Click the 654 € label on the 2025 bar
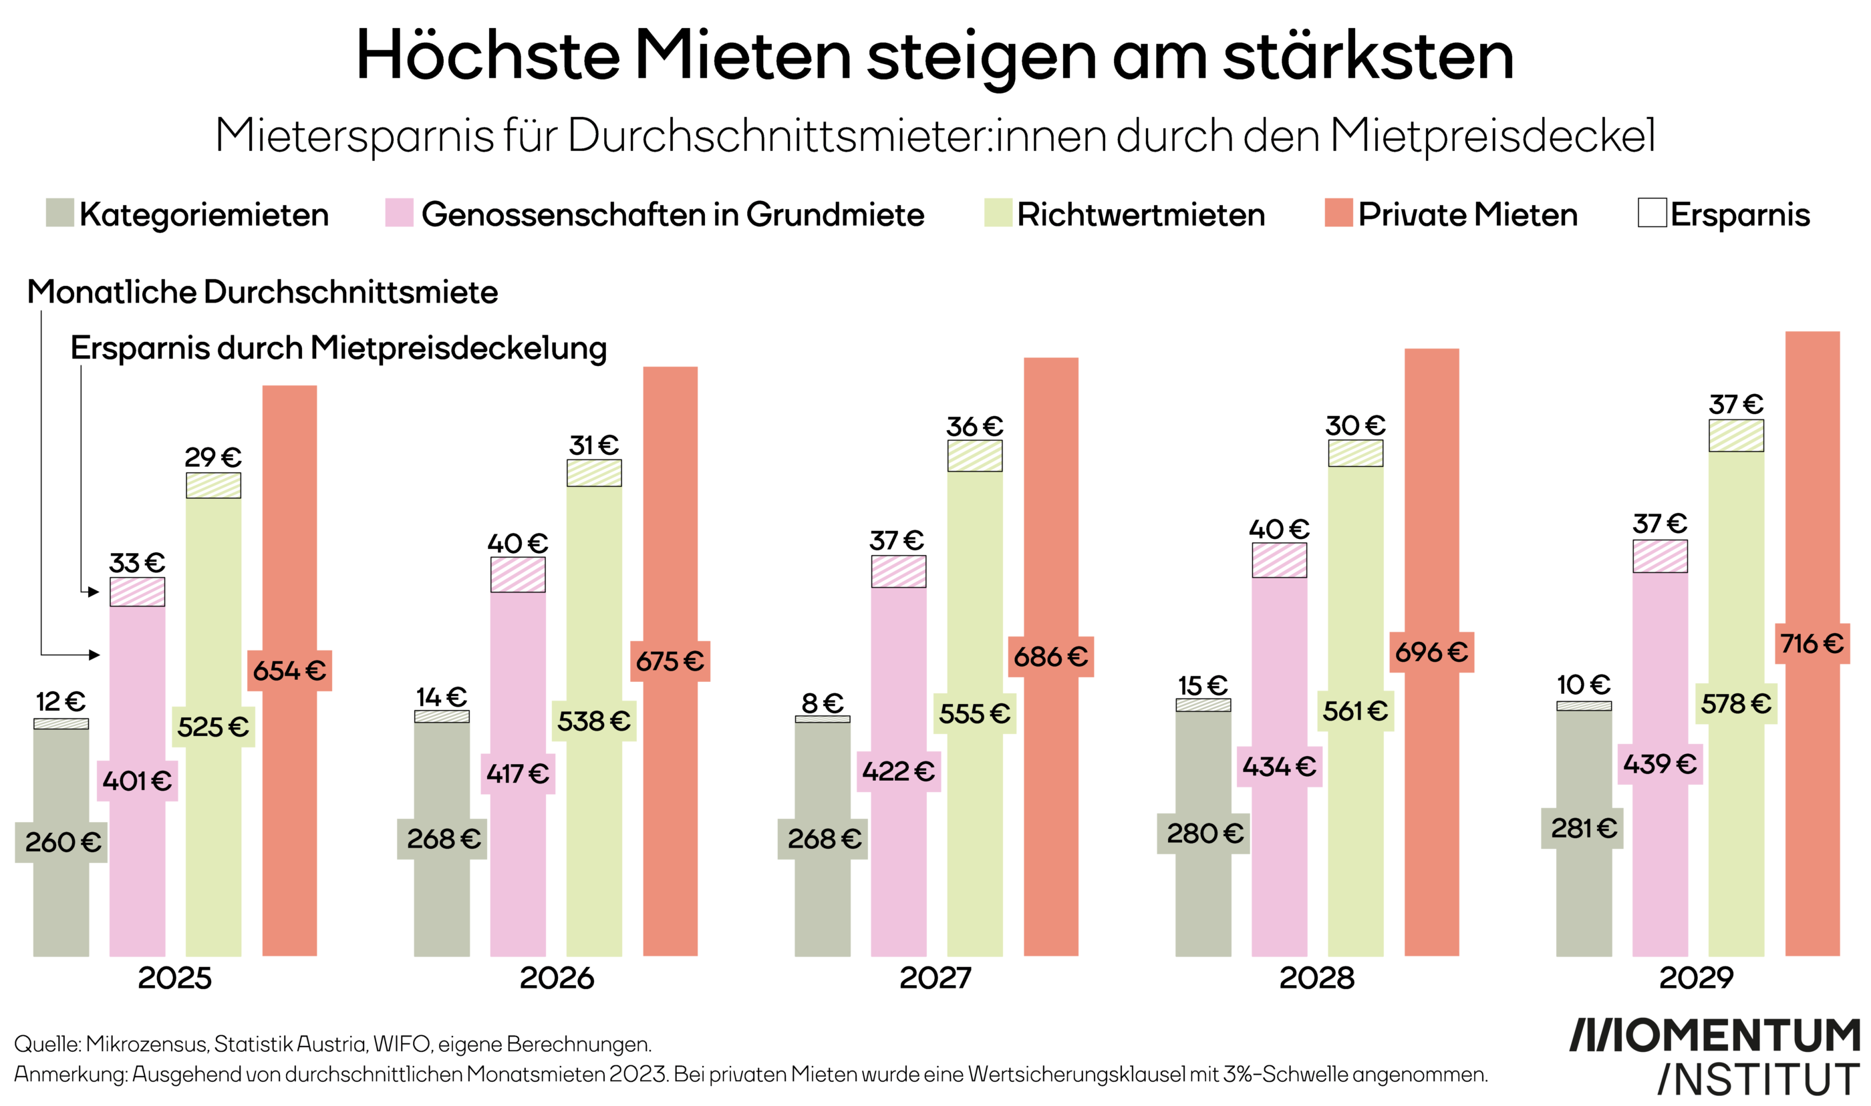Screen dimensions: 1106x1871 point(289,671)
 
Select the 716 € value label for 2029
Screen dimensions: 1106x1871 point(1812,644)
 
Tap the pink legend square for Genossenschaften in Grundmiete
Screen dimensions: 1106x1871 point(399,212)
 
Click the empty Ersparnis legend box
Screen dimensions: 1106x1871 point(1652,212)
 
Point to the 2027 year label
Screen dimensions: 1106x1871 point(936,978)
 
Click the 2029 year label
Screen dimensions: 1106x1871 point(1696,978)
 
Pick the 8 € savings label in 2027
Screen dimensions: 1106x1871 point(822,703)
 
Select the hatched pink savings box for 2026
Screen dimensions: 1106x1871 point(517,574)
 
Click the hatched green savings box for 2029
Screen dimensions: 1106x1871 point(1736,436)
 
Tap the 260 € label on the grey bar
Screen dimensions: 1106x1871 point(62,842)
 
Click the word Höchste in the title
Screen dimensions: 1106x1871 point(488,56)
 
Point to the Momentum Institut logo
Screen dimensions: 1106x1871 point(1715,1057)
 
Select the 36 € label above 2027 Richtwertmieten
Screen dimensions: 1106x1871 point(974,427)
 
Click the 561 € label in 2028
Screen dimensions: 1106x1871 point(1355,711)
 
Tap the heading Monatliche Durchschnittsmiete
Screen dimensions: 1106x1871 point(263,292)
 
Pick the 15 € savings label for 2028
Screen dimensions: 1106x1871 point(1202,685)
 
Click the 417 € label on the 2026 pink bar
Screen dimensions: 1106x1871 point(517,773)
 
